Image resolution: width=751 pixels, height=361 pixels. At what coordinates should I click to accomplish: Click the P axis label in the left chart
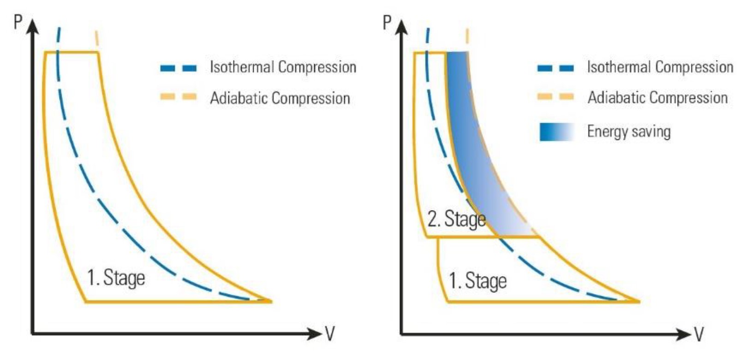pos(18,22)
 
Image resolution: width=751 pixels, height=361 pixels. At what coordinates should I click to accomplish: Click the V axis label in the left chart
pos(329,333)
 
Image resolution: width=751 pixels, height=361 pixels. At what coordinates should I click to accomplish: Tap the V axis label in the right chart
pos(699,333)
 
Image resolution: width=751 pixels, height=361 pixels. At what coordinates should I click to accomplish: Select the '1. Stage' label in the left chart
pos(116,278)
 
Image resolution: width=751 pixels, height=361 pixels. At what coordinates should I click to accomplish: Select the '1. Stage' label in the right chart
pos(478,281)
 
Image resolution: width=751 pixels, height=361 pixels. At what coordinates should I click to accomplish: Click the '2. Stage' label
pos(456,219)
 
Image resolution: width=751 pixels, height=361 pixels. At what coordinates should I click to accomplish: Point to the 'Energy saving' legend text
pos(629,132)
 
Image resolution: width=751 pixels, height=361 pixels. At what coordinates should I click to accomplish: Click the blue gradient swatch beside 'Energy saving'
pos(557,132)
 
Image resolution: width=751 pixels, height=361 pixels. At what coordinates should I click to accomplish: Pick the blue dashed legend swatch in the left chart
pos(179,68)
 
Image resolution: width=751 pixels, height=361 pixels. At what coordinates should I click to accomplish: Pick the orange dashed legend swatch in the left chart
pos(179,97)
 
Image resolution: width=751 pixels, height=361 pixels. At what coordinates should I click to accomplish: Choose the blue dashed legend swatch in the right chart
pos(556,68)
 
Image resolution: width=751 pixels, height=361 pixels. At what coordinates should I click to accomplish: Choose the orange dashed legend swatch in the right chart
pos(556,97)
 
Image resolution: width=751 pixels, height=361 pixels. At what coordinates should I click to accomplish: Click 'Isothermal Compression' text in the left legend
pos(283,67)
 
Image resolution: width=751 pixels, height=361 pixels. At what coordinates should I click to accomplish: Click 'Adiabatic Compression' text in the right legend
pos(657,97)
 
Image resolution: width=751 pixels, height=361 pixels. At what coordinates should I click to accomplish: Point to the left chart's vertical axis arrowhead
pos(32,27)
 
